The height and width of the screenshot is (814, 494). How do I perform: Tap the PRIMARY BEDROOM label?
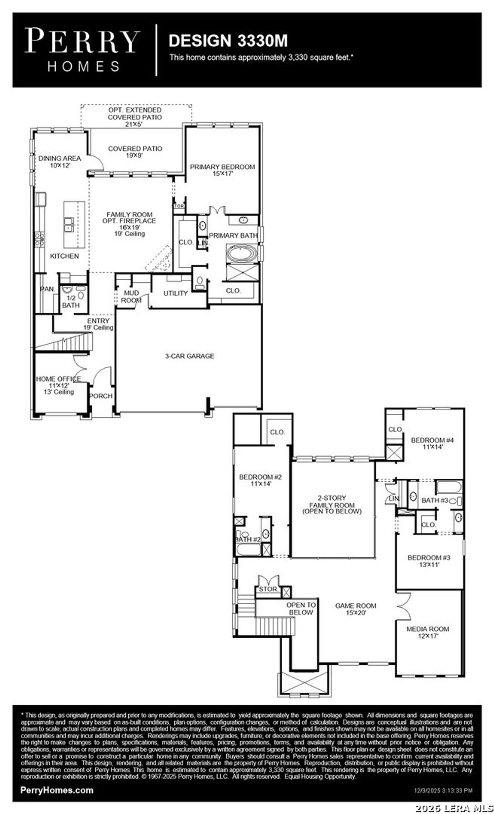(222, 170)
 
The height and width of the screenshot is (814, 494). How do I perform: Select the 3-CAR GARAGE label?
(189, 356)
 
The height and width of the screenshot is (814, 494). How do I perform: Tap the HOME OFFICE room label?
(59, 385)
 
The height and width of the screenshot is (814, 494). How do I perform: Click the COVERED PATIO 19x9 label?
(135, 151)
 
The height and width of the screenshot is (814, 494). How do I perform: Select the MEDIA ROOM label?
(428, 632)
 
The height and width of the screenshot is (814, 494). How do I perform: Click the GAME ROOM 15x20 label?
(355, 609)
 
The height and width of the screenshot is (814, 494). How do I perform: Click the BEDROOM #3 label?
(429, 561)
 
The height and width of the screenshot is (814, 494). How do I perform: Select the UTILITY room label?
(176, 293)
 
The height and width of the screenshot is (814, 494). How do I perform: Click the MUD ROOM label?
(131, 296)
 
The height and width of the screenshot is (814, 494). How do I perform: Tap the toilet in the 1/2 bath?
(81, 295)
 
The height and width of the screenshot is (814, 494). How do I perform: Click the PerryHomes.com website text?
(57, 790)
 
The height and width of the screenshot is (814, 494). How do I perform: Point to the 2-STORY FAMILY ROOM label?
(332, 505)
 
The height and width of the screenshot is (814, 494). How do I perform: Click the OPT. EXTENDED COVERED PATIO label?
(135, 117)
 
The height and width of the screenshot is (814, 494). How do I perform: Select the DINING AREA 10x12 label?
(59, 161)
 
